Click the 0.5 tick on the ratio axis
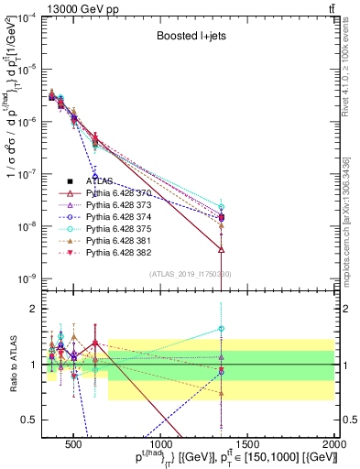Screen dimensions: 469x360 click(32, 420)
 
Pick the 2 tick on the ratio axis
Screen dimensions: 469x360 click(35, 309)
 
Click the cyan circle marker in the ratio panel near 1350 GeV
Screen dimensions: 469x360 click(221, 329)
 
